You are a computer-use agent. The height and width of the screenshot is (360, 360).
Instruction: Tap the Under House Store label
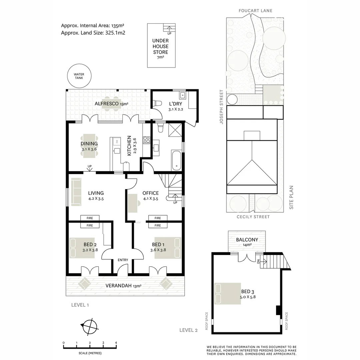coord(160,46)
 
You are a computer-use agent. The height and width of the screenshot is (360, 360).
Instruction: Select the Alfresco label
coord(107,104)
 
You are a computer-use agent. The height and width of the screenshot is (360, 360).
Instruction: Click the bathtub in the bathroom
coord(177,160)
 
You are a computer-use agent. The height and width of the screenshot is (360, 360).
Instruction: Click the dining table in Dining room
coord(89,144)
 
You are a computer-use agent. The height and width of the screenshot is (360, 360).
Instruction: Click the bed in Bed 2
coord(82,248)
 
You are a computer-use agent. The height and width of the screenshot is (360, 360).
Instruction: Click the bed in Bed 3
coord(228,294)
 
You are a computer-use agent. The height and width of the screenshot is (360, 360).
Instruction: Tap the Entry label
coord(123,260)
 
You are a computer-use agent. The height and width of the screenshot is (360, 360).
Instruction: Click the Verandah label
coord(119,286)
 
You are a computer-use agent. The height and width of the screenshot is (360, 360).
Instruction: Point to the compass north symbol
coord(89,326)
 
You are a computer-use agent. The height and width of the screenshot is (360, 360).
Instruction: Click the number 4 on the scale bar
coord(116,343)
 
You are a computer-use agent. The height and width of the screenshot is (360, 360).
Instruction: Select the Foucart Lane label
coord(255,11)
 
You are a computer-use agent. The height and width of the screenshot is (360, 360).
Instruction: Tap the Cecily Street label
coord(253,217)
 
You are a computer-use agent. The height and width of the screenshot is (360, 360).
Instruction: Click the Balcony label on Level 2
coord(247,240)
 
